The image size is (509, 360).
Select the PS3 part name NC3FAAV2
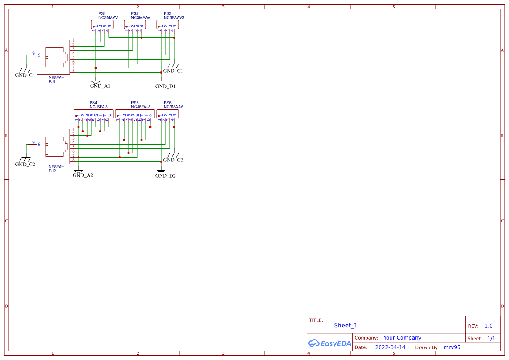[174, 18]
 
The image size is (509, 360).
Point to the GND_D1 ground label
[165, 87]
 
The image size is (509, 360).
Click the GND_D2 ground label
[165, 175]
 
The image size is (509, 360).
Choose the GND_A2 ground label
[83, 175]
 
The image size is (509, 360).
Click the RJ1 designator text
[52, 82]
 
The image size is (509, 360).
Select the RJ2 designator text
[52, 171]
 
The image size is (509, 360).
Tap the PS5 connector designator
[135, 103]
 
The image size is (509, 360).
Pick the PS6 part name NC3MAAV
[173, 107]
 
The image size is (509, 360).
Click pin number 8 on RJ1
[74, 71]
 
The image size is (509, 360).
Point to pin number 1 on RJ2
[74, 129]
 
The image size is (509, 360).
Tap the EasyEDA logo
[329, 343]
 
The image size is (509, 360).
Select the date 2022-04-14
[390, 347]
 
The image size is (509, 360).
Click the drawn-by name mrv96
[452, 347]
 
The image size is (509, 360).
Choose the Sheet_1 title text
[346, 326]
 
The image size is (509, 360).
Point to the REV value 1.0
[488, 326]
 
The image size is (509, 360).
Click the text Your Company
[402, 338]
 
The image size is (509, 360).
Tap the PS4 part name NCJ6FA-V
[99, 107]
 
